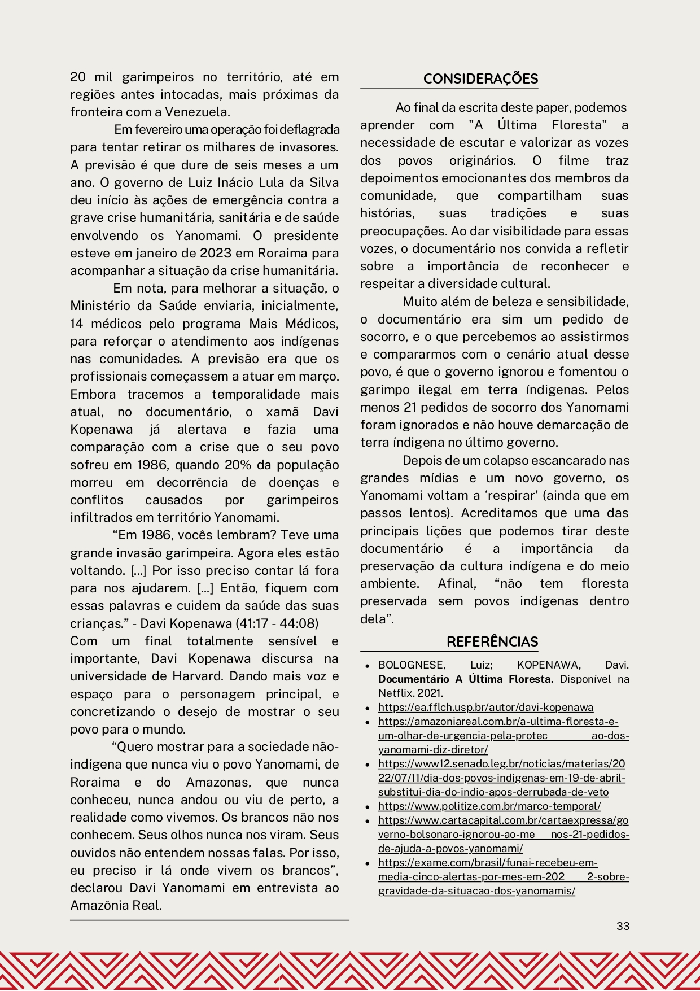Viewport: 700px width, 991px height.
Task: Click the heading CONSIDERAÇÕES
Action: [480, 78]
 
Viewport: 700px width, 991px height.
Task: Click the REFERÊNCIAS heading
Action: [492, 641]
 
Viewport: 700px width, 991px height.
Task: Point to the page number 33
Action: [623, 925]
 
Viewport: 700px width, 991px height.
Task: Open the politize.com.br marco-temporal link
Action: [489, 806]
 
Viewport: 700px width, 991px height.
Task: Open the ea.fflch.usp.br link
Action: [485, 707]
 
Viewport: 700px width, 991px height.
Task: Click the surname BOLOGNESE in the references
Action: [412, 665]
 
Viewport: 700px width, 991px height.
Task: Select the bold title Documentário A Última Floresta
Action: [466, 679]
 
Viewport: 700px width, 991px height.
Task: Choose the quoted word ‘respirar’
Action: [494, 495]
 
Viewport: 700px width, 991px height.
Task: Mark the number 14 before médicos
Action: [77, 324]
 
